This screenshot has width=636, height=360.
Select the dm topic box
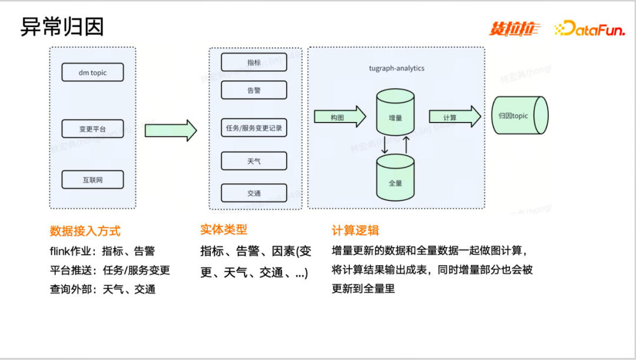coord(92,72)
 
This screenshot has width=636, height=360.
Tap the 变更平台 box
coord(92,128)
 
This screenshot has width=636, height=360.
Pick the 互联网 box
coord(92,180)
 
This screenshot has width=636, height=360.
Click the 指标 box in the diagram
coord(254,62)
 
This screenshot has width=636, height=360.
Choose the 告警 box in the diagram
coord(254,90)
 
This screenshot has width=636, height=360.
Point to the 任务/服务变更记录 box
coord(254,128)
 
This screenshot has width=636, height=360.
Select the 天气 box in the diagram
coord(254,161)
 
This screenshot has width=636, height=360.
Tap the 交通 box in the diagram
coord(254,193)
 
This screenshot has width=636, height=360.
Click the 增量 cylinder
coord(395,114)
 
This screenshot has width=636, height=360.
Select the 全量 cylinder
coord(395,177)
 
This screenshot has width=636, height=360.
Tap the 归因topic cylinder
coord(518,116)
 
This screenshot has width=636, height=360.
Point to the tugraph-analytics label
coord(396,68)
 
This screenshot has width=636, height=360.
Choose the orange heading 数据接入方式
coord(85,230)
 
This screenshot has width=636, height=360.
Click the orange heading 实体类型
coord(224,230)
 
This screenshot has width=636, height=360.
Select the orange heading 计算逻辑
coord(356,230)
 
